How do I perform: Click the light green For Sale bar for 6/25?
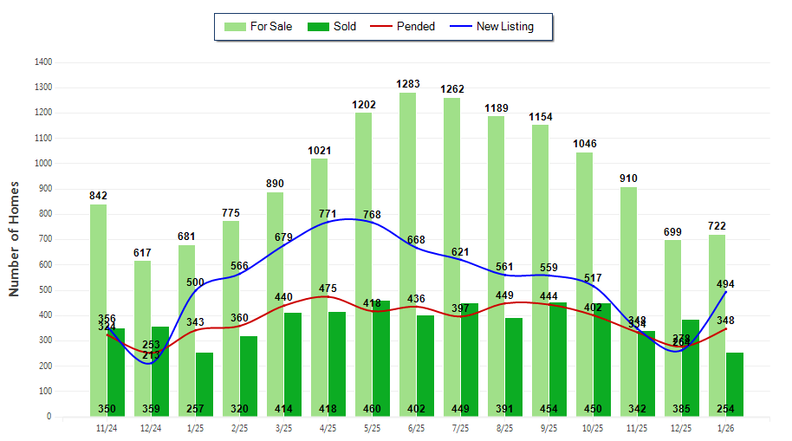pos(407,260)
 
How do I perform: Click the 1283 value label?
pos(408,84)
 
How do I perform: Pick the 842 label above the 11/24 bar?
pos(99,196)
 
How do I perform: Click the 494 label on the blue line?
pos(726,283)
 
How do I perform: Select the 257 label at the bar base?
pos(204,408)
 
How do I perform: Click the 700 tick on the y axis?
pos(43,239)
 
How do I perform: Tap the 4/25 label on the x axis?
pos(327,427)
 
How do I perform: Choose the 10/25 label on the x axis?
pos(593,427)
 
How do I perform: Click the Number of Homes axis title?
pos(14,239)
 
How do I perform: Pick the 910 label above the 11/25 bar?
pos(630,178)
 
